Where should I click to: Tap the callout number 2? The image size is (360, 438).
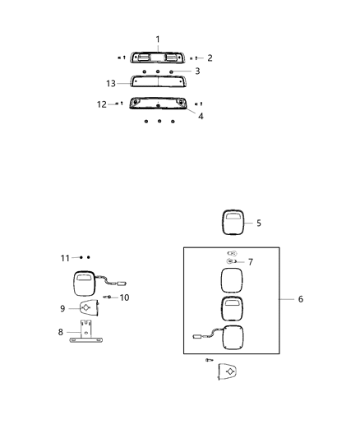pyautogui.click(x=210, y=58)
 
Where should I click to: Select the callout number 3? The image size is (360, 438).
pyautogui.click(x=197, y=71)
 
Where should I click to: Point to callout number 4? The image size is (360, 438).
pyautogui.click(x=201, y=116)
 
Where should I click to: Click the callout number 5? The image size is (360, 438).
pyautogui.click(x=258, y=223)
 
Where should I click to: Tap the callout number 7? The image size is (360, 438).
pyautogui.click(x=250, y=262)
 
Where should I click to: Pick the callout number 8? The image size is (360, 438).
pyautogui.click(x=59, y=334)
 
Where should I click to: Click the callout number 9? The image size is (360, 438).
pyautogui.click(x=62, y=308)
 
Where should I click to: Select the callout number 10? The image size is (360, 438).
pyautogui.click(x=125, y=297)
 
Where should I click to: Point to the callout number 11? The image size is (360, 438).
pyautogui.click(x=65, y=257)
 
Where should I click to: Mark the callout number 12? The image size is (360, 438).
pyautogui.click(x=102, y=104)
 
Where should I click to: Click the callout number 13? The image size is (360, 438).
pyautogui.click(x=111, y=82)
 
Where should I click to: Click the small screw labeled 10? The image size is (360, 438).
pyautogui.click(x=108, y=297)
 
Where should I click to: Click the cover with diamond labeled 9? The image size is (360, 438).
pyautogui.click(x=86, y=308)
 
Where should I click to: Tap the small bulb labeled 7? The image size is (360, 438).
pyautogui.click(x=232, y=262)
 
